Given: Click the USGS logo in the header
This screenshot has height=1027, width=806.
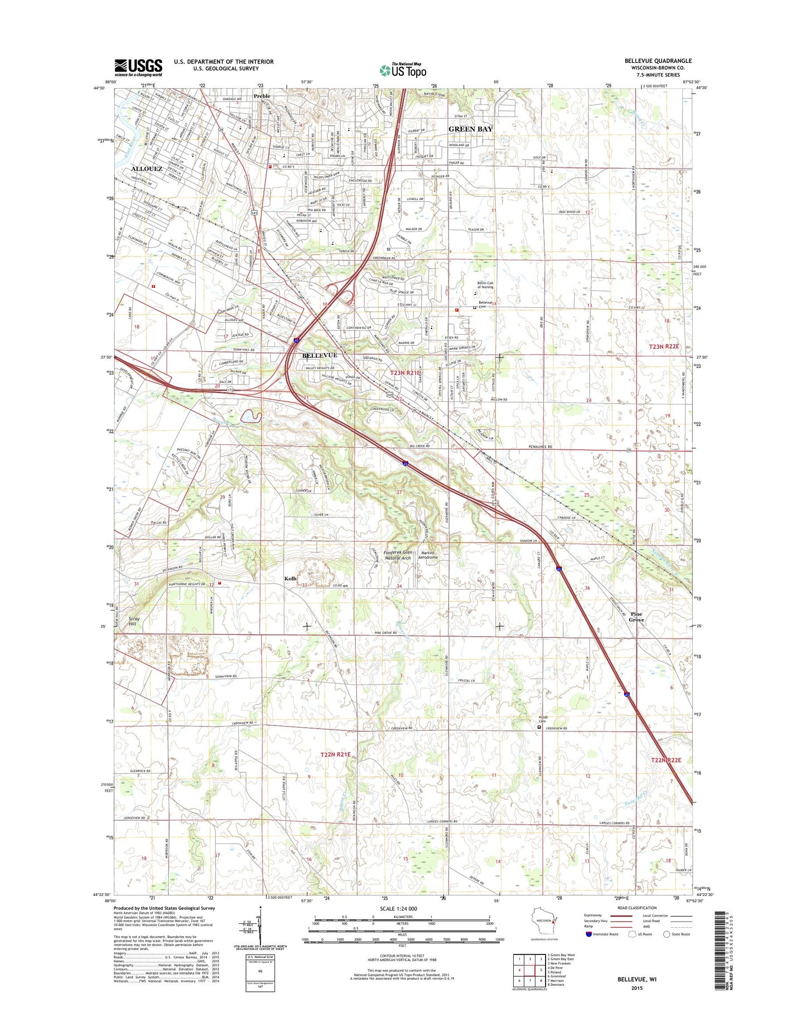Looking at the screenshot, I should point(138,67).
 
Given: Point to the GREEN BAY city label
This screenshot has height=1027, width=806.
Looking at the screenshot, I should point(470,129).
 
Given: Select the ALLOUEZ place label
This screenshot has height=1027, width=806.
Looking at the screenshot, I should point(147,168).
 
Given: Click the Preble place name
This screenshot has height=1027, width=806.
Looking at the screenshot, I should point(262,96).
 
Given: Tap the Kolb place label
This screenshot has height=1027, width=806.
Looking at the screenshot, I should point(291,579).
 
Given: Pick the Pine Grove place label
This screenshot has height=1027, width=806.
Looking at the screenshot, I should point(636,617).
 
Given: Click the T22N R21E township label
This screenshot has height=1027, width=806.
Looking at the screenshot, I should point(335,754).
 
